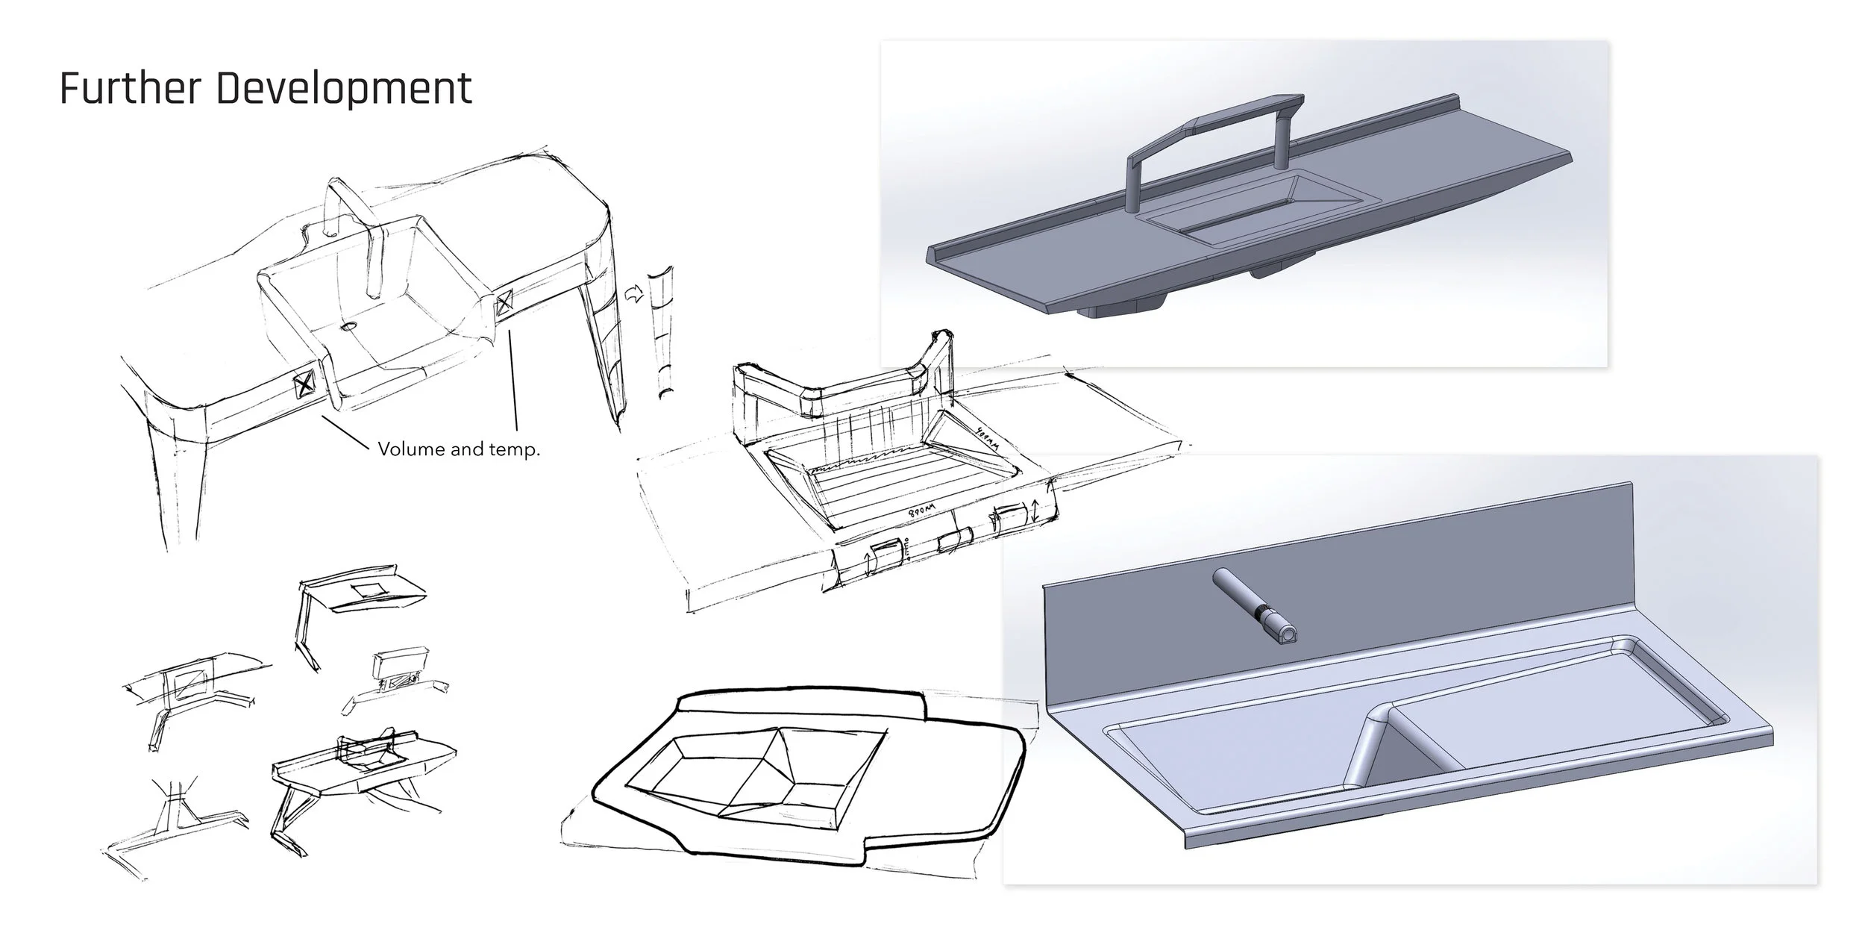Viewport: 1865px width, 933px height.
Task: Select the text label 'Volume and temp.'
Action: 459,449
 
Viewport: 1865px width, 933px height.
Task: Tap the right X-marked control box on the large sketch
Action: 505,302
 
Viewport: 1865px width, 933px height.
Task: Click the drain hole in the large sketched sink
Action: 348,327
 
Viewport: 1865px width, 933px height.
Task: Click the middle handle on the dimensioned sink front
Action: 955,540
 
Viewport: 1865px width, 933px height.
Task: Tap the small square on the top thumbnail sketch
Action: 369,591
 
